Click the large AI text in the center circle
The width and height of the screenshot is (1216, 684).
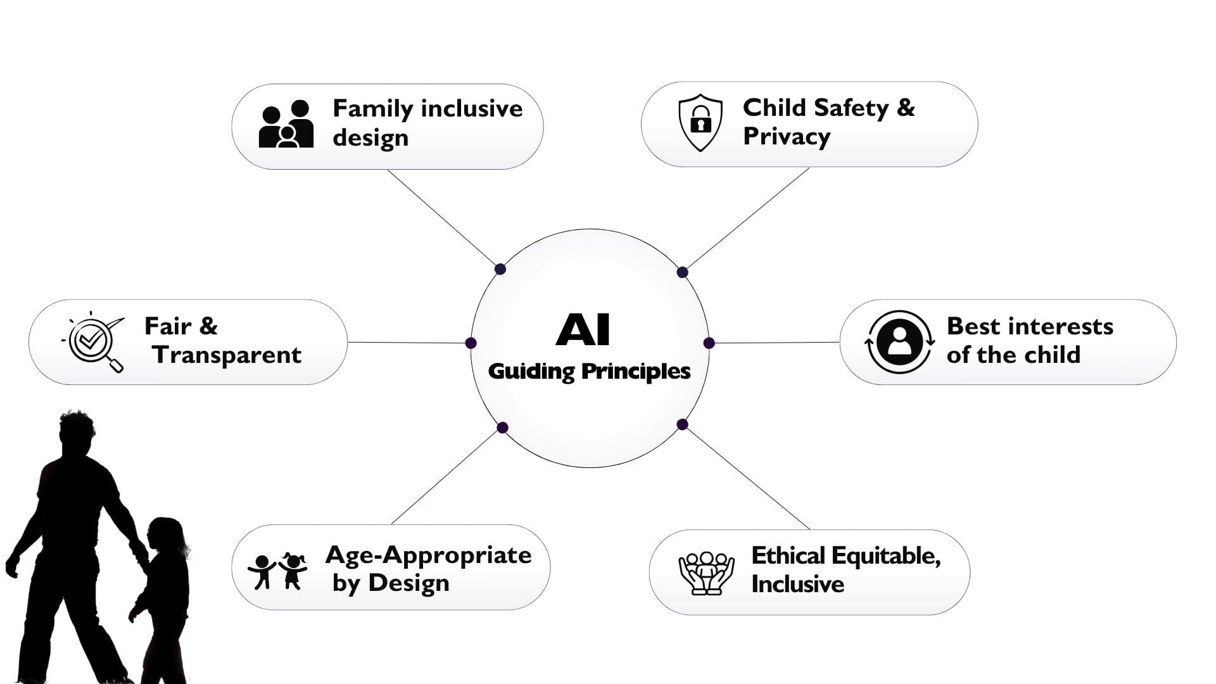(583, 330)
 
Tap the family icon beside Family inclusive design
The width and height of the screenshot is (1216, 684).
(286, 124)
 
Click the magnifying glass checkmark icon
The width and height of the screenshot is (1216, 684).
(94, 342)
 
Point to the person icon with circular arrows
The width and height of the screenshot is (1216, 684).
(899, 342)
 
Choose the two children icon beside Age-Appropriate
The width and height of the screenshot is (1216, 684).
(277, 571)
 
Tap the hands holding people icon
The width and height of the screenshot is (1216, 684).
(706, 573)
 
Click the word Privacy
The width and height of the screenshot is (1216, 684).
(787, 137)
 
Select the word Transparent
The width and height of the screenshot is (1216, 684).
(227, 355)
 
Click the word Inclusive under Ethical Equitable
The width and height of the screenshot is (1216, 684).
(797, 584)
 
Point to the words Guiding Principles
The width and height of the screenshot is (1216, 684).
(589, 371)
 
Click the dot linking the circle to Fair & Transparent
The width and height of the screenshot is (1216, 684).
(471, 343)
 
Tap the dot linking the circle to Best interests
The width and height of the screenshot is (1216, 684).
(709, 343)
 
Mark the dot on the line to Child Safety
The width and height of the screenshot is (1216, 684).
(682, 272)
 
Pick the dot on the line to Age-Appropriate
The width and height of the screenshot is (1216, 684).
(503, 427)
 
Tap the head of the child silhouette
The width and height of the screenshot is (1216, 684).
(166, 536)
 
